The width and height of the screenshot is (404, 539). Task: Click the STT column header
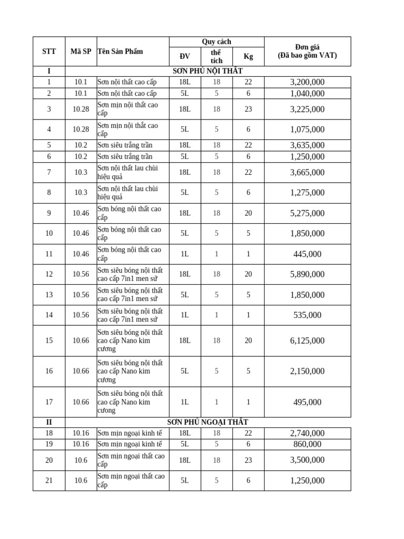click(49, 52)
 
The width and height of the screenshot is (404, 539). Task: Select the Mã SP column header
click(80, 52)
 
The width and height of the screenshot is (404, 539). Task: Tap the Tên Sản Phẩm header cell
click(120, 52)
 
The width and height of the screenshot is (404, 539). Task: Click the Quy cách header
click(216, 42)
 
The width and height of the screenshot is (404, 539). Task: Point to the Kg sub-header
click(248, 57)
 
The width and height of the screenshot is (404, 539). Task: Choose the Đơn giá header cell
click(307, 51)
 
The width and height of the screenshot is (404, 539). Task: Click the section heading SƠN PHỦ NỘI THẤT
click(208, 71)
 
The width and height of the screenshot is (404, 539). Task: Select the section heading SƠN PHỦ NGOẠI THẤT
click(208, 422)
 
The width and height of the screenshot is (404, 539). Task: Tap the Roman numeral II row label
click(49, 422)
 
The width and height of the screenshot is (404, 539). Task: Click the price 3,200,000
click(307, 82)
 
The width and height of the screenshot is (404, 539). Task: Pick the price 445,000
click(307, 254)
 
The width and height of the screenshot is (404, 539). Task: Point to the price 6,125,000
click(307, 341)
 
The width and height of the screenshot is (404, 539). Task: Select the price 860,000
click(307, 444)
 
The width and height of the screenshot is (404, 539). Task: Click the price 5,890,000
click(307, 274)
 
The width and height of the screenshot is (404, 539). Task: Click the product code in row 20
click(80, 460)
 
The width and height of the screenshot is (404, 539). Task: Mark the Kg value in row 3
click(248, 109)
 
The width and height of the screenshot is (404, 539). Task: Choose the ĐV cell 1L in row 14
click(185, 315)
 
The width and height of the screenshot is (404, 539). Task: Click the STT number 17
click(49, 402)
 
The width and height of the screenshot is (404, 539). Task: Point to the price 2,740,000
click(307, 433)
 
